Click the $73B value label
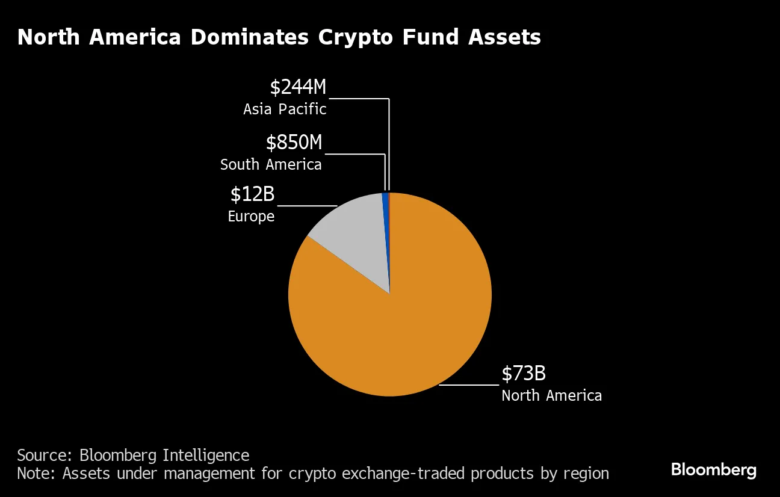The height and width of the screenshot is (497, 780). click(x=524, y=374)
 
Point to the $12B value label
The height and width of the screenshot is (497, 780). click(x=252, y=194)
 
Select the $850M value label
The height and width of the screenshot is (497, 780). click(x=294, y=143)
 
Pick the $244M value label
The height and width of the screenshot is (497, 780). click(x=298, y=87)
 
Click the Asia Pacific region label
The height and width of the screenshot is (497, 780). click(x=285, y=109)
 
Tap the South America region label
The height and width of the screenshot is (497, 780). click(x=271, y=164)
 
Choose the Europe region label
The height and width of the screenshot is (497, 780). click(x=251, y=216)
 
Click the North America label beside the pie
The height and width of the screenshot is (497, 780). click(x=551, y=395)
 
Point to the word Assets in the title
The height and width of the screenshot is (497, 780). click(x=504, y=37)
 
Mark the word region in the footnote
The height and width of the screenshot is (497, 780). click(x=586, y=474)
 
